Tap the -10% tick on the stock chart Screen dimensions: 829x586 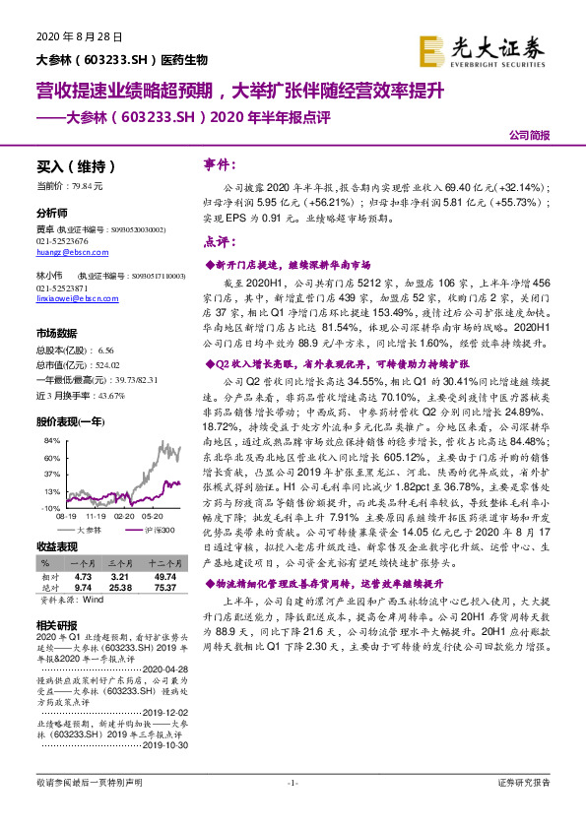(x=44, y=507)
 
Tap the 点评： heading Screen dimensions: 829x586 (x=218, y=242)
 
